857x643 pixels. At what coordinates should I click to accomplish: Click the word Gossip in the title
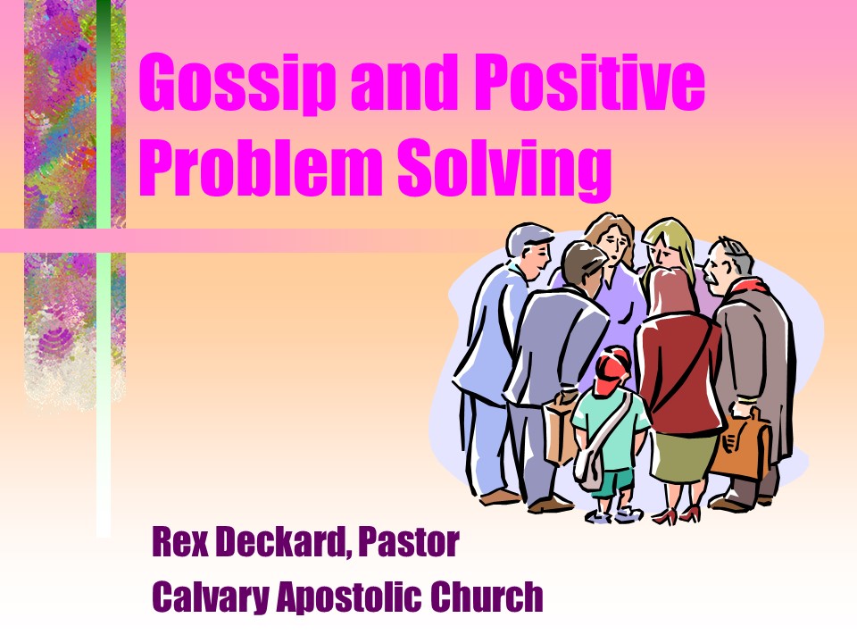point(237,82)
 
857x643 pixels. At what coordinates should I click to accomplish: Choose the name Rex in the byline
point(179,542)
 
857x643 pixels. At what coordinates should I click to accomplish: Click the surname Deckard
point(284,542)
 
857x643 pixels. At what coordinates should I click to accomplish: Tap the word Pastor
point(408,542)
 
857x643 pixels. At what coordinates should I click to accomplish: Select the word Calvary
point(211,598)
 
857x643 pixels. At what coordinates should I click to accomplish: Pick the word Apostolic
point(349,597)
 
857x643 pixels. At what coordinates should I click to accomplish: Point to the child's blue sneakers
point(614,514)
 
